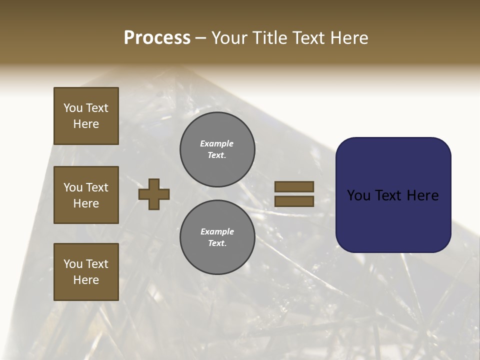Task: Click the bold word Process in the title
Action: click(x=157, y=38)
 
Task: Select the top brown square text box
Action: click(x=86, y=116)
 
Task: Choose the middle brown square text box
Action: click(x=86, y=195)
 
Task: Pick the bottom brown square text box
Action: click(x=86, y=271)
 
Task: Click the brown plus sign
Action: click(x=154, y=194)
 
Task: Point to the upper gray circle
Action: click(x=217, y=149)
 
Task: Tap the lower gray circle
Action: click(x=217, y=237)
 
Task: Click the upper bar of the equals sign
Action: click(x=294, y=186)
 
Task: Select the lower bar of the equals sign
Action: click(x=294, y=201)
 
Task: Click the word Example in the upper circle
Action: click(x=217, y=143)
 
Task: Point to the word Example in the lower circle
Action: click(x=217, y=231)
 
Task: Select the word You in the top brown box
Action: click(x=72, y=108)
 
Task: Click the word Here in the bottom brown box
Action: click(x=86, y=280)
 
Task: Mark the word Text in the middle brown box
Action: click(x=96, y=187)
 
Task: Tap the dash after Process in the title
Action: click(x=200, y=38)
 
